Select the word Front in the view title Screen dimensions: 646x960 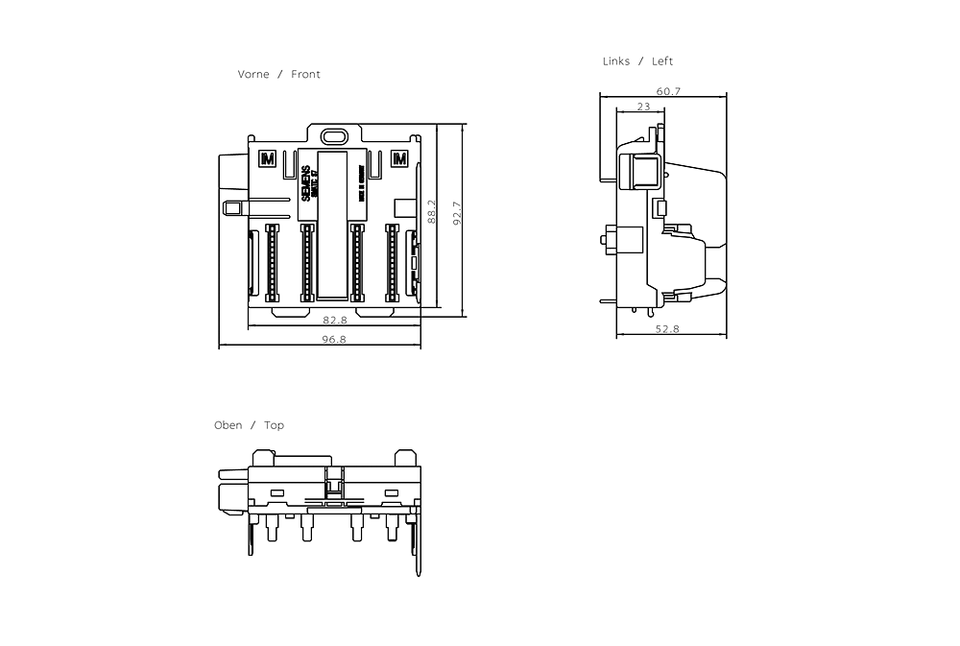click(305, 74)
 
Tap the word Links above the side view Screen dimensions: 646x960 click(616, 61)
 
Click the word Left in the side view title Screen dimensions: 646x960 click(662, 61)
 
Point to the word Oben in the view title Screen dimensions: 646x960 click(228, 425)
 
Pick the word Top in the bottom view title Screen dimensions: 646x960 click(275, 425)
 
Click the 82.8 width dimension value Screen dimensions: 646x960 click(334, 320)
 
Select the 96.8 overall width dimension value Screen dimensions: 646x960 click(334, 339)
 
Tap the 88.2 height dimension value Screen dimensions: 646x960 click(432, 212)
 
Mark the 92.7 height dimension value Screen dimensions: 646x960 click(458, 212)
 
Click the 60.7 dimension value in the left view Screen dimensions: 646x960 click(668, 91)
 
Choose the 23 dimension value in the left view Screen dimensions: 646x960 click(643, 107)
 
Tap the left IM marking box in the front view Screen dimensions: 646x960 click(267, 158)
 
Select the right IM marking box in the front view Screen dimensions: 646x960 click(401, 158)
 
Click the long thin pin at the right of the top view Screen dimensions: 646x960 click(419, 547)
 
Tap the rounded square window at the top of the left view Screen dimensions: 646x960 click(642, 172)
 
